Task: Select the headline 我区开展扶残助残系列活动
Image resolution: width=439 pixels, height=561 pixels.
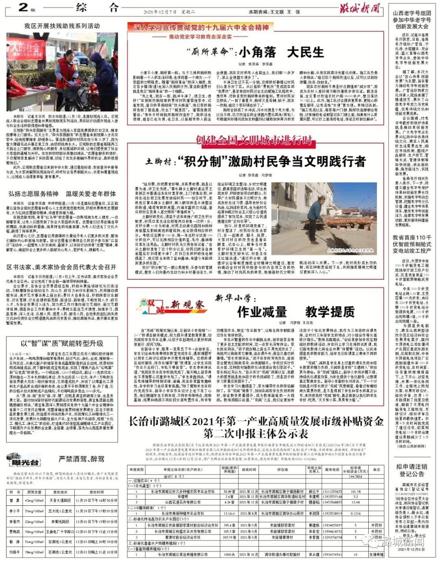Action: [x=62, y=26]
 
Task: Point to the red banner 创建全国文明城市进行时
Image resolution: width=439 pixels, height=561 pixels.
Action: [x=254, y=140]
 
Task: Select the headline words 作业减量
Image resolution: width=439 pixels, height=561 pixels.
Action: [x=262, y=312]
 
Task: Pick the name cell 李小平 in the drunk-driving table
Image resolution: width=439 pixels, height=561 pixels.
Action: [x=15, y=511]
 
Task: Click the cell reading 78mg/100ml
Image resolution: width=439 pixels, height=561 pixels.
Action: [x=35, y=552]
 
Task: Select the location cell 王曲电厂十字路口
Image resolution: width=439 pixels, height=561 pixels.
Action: [x=59, y=532]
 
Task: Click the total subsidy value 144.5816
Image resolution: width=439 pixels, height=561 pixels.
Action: [x=355, y=476]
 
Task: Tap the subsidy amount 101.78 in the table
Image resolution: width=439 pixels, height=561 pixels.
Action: [x=355, y=491]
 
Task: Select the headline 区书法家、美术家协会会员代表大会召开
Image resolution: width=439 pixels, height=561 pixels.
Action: [x=62, y=267]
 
